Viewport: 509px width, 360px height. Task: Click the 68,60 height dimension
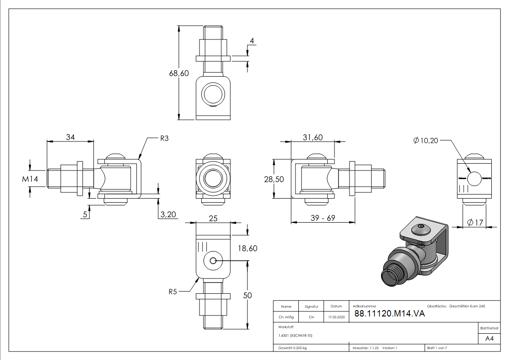[x=179, y=73]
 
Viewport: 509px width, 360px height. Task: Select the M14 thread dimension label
[x=30, y=179]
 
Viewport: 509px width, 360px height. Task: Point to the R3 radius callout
[x=164, y=139]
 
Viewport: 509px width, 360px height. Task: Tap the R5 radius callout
[x=172, y=292]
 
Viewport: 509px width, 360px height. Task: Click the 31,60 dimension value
[x=312, y=137]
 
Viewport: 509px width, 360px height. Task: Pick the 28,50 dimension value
[x=274, y=179]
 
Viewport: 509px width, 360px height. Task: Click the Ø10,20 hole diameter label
[x=426, y=141]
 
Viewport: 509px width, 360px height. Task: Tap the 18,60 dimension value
[x=247, y=248]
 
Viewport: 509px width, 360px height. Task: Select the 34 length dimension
[x=70, y=137]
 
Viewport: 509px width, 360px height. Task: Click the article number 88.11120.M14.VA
[x=389, y=314]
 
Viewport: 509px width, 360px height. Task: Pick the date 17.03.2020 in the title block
[x=336, y=317]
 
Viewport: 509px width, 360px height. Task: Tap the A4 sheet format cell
[x=490, y=338]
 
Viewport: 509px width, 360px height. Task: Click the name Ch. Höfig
[x=286, y=317]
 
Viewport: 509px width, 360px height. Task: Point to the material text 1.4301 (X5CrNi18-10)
[x=296, y=336]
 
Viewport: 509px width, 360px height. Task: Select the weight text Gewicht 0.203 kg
[x=292, y=348]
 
